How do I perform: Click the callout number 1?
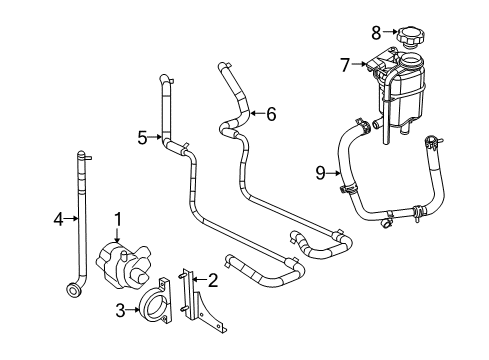pyautogui.click(x=117, y=217)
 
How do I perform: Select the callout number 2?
pyautogui.click(x=212, y=282)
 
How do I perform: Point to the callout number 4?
pyautogui.click(x=57, y=218)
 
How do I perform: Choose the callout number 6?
pyautogui.click(x=270, y=113)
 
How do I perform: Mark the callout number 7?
pyautogui.click(x=345, y=66)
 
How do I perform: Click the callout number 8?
pyautogui.click(x=376, y=32)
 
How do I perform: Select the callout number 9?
pyautogui.click(x=320, y=172)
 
